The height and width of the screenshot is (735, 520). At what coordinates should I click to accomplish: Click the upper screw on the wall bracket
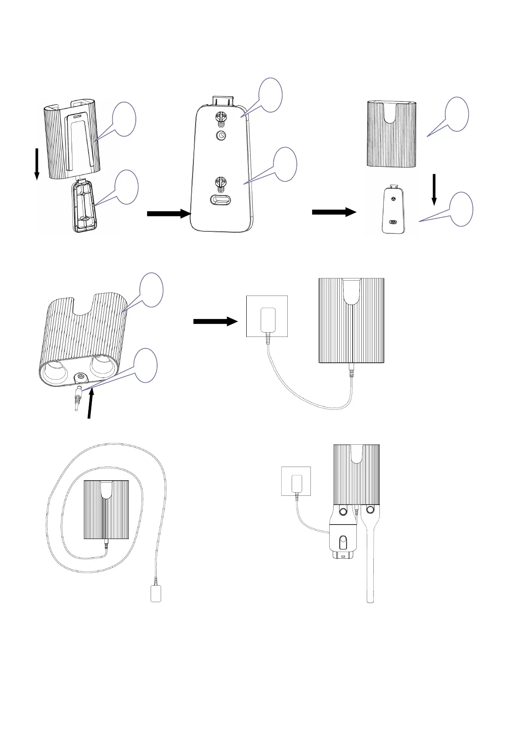coord(221,118)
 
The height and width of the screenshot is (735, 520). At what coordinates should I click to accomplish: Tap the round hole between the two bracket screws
coord(221,136)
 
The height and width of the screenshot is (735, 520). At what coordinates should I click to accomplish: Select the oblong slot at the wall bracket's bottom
coord(221,199)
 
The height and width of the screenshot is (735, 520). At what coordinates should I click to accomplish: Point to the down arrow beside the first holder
coord(37,164)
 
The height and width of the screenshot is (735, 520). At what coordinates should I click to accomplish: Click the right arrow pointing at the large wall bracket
coord(167,213)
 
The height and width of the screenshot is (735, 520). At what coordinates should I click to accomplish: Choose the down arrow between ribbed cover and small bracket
coord(434,189)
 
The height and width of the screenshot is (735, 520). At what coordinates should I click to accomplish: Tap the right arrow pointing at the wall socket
coord(215,322)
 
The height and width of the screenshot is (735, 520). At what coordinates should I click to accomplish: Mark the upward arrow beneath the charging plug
coord(90,404)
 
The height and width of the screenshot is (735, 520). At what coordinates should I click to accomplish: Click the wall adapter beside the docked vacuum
coord(296,483)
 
